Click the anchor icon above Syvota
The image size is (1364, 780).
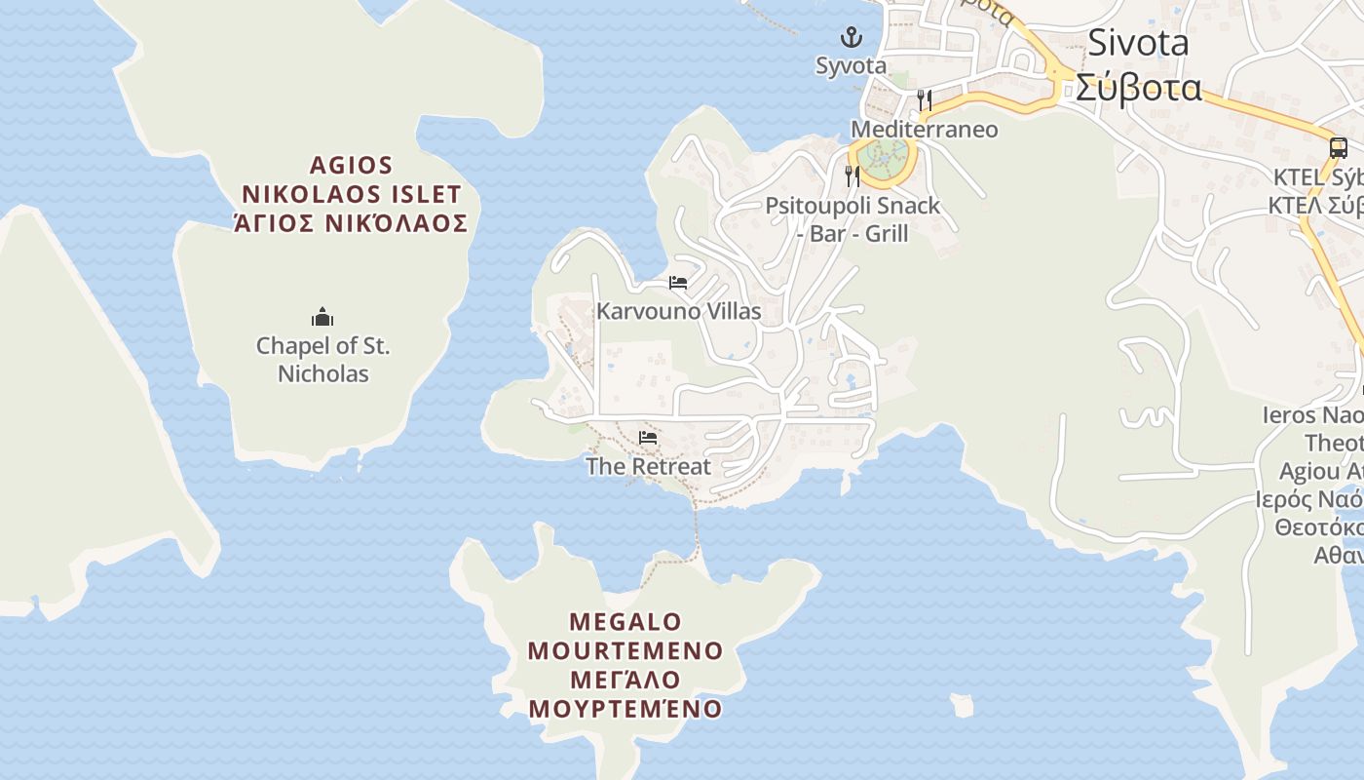852,38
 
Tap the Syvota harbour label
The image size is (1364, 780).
852,66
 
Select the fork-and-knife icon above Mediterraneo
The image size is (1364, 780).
924,99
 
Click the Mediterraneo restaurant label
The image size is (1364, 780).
924,129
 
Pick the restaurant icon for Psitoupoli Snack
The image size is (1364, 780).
852,175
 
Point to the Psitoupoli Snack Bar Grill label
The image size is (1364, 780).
852,219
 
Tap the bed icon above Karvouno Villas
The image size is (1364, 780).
678,283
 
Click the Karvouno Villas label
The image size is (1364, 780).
678,311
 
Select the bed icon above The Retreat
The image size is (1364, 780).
648,438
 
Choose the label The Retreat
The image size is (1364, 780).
648,466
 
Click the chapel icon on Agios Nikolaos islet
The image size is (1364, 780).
322,317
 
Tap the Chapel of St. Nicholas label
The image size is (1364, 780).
322,359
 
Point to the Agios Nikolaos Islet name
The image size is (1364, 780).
351,179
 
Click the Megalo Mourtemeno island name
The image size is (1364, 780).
625,636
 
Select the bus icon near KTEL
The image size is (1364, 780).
1339,148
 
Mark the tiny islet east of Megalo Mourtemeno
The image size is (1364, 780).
962,705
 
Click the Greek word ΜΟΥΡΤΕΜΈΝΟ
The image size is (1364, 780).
625,709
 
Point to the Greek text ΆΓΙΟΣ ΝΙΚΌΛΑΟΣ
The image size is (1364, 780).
351,223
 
